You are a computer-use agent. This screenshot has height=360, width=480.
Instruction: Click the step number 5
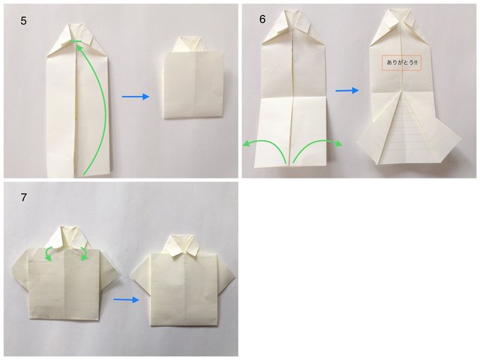pos(23,21)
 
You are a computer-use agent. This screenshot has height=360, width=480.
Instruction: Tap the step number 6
pos(262,19)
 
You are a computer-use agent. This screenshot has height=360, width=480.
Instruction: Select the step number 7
pos(23,197)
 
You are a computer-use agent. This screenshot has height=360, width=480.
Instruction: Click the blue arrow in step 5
pos(135,97)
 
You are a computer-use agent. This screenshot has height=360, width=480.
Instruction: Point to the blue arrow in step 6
pos(347,90)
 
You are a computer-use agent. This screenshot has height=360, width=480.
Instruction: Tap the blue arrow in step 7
pos(127,300)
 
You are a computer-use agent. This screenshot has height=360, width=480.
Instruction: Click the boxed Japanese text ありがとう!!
pos(401,63)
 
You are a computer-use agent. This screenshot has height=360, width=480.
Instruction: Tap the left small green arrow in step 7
pos(48,253)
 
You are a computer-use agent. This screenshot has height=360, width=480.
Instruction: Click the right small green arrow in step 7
pos(83,253)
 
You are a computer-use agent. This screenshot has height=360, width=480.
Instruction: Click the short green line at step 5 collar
pos(75,41)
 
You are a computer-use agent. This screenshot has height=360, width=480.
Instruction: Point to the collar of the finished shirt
pos(183,246)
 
